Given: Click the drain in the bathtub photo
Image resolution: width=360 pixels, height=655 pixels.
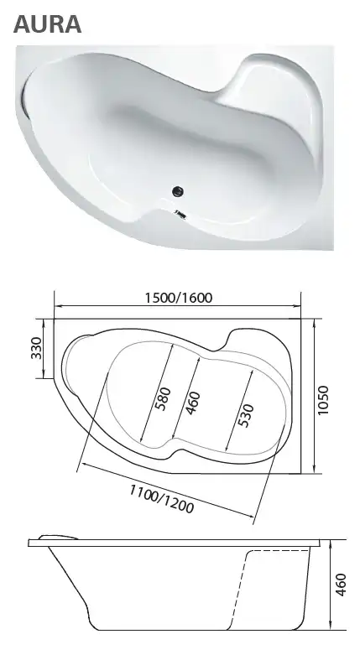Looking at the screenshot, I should click(x=178, y=191).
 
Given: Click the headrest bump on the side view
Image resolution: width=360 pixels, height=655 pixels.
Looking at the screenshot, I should click(x=55, y=537).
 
